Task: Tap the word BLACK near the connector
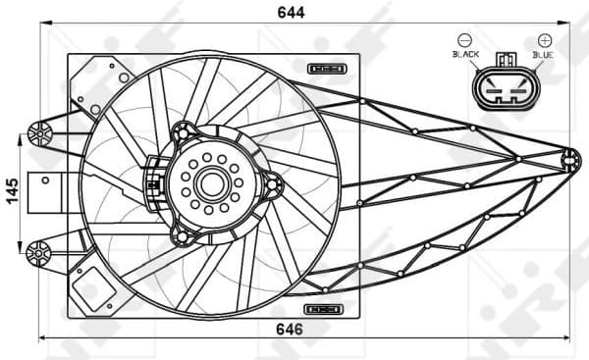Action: (465, 56)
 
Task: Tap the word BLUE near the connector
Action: (543, 56)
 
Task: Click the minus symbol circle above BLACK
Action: (464, 40)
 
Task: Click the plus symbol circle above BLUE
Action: (544, 40)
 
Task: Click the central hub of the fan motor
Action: (210, 183)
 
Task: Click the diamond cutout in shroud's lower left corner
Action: (94, 284)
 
